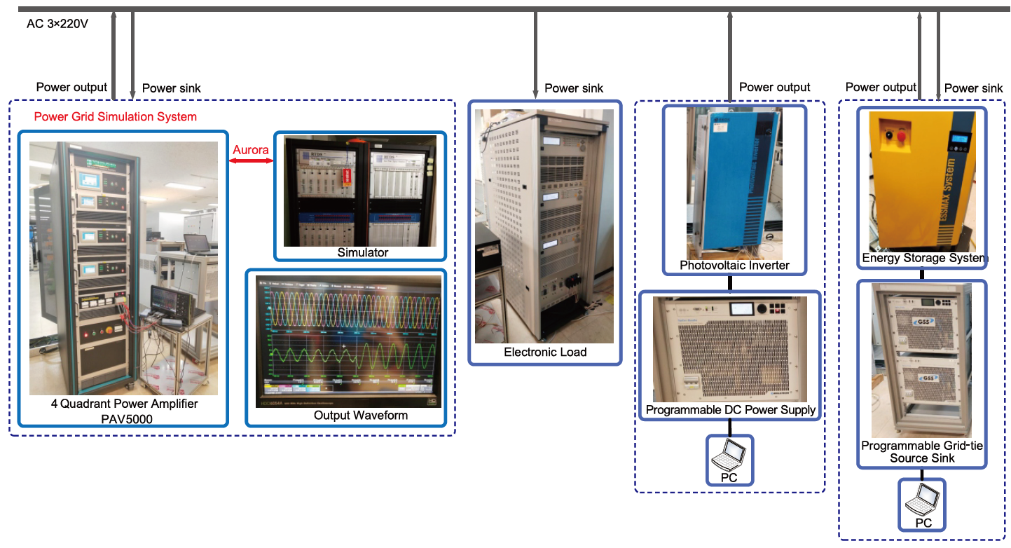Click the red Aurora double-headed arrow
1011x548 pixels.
coord(250,161)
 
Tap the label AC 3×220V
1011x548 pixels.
coord(57,23)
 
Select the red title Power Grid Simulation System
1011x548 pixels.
coord(116,116)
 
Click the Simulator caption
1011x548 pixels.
coord(363,252)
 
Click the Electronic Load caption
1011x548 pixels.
coord(545,352)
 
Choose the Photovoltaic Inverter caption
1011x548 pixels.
coord(734,265)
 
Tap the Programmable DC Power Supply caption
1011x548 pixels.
coord(731,410)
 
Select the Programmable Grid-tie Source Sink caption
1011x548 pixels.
coord(922,451)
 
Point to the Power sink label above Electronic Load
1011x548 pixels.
coord(574,88)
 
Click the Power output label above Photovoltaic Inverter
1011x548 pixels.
coord(774,88)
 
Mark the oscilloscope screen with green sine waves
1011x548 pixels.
coord(345,336)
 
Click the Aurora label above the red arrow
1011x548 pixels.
coord(250,149)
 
